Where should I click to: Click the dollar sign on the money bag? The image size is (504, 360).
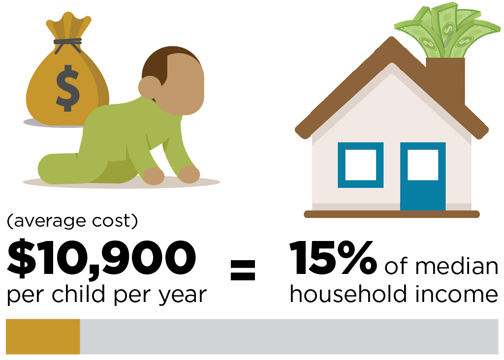[x=67, y=89]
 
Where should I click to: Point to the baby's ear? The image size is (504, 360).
[x=150, y=87]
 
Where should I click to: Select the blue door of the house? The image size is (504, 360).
[x=423, y=176]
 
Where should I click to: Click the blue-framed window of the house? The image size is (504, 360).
[x=360, y=165]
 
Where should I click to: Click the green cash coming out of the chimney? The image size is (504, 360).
[x=447, y=30]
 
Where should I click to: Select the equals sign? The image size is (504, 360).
[x=243, y=270]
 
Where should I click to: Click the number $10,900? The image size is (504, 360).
[x=101, y=258]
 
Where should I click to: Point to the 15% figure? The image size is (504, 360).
[x=333, y=258]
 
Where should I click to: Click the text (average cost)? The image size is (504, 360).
[x=72, y=221]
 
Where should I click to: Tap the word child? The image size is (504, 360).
[x=78, y=294]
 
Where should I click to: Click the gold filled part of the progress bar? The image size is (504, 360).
[x=43, y=336]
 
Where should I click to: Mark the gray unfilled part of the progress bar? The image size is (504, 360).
[x=289, y=336]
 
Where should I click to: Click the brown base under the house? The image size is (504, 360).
[x=392, y=214]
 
